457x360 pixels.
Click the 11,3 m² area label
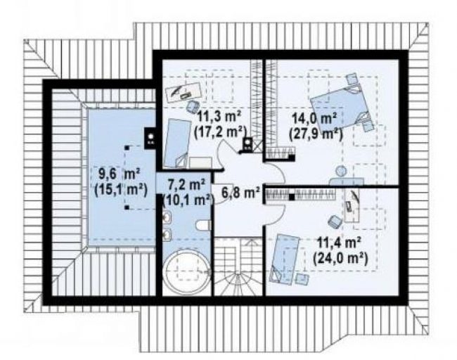tap(219, 117)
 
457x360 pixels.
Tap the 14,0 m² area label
tap(314, 120)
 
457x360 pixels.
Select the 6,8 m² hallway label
tap(240, 193)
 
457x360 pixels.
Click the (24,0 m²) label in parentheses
tap(340, 258)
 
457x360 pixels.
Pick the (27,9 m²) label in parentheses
tap(316, 134)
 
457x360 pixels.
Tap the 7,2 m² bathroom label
tap(187, 184)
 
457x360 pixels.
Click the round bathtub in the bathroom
tap(186, 272)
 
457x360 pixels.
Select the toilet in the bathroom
tap(203, 225)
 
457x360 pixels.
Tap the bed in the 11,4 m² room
tap(285, 258)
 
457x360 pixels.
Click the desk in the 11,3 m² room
tap(184, 92)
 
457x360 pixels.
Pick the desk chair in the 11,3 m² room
tap(192, 105)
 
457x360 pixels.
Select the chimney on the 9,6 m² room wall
tap(150, 136)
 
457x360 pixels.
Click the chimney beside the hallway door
tap(248, 145)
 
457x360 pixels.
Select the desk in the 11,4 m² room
tap(352, 205)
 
